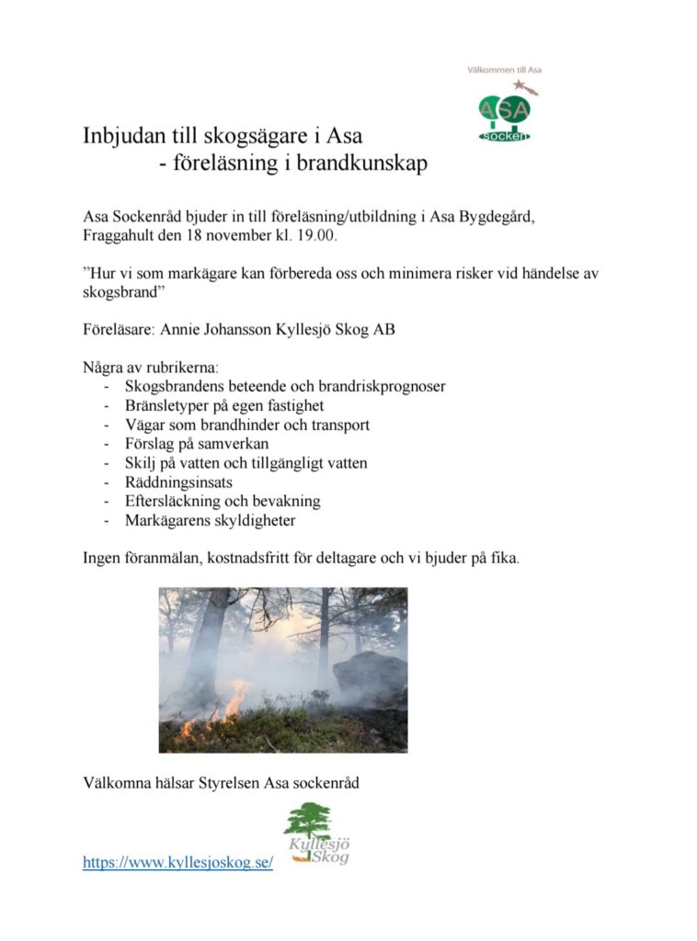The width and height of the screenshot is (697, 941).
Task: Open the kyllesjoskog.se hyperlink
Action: (177, 863)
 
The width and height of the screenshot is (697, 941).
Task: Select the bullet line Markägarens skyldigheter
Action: (211, 521)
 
